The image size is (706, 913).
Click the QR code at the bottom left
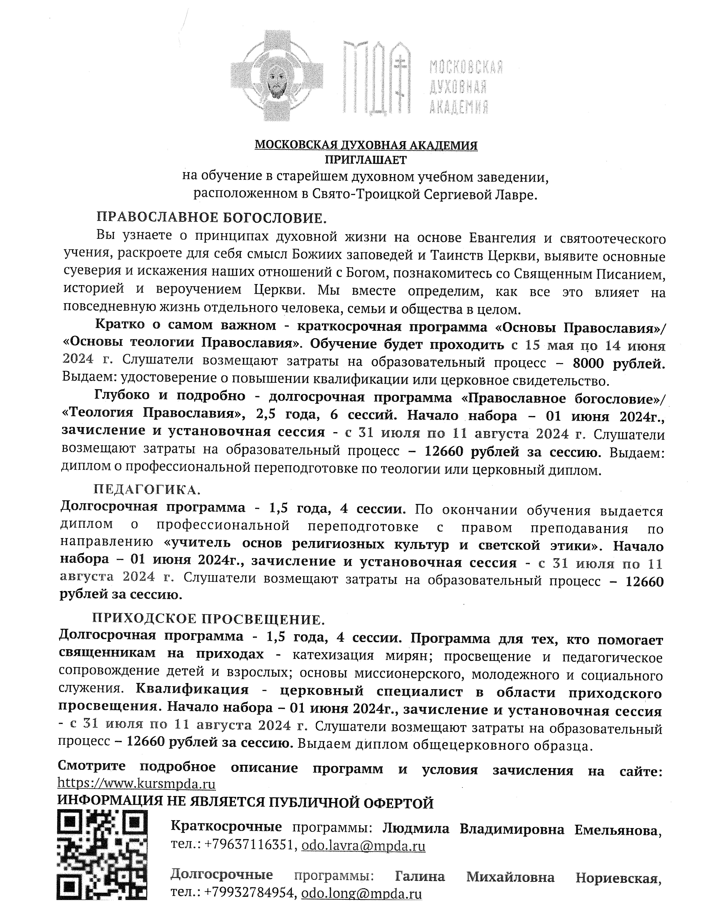(102, 860)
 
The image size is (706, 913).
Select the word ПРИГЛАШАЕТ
(366, 160)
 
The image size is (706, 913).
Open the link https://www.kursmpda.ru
(136, 783)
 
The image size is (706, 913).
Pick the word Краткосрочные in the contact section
(226, 816)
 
